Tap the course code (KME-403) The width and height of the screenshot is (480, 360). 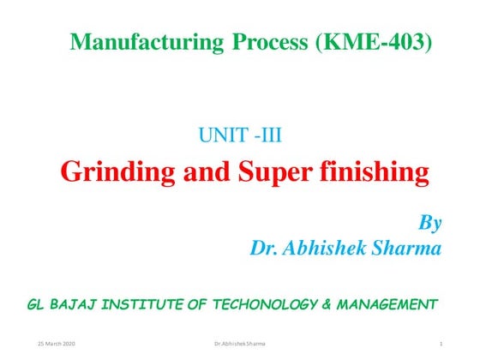pyautogui.click(x=374, y=41)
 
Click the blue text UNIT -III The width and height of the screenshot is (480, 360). pyautogui.click(x=246, y=134)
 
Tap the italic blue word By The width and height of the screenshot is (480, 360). pyautogui.click(x=429, y=225)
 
